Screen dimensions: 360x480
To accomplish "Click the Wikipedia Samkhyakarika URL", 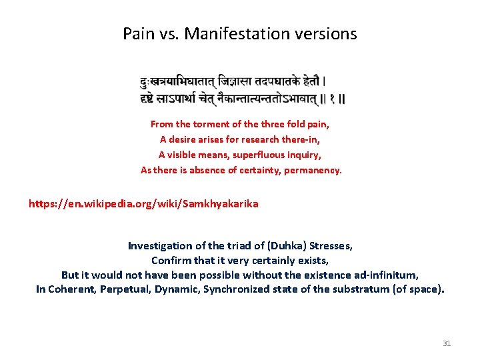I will (143, 203).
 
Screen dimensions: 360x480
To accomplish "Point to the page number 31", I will (447, 343).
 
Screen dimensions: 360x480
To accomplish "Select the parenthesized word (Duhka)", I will (282, 246).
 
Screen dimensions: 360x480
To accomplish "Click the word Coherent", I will (71, 289).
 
